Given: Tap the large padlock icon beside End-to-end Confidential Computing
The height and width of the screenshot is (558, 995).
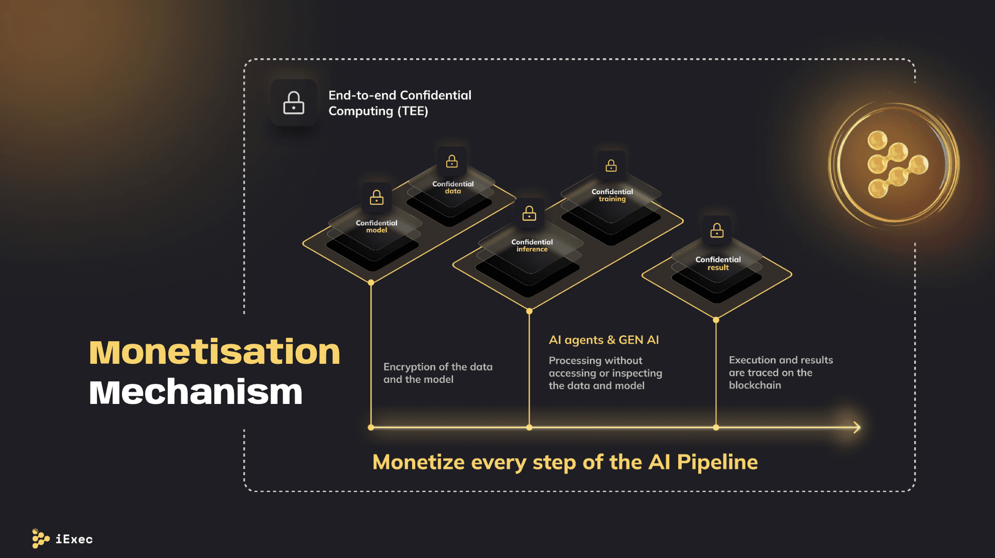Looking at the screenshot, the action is click(294, 103).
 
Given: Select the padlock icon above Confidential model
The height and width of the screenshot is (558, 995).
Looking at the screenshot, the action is click(377, 197).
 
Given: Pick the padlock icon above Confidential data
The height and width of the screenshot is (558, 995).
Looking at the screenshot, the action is click(452, 161).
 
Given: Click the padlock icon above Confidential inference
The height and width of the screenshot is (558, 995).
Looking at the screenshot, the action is click(529, 213).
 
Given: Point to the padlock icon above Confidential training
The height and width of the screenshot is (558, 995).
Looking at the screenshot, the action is click(611, 166).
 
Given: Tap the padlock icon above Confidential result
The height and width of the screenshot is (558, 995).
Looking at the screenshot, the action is click(717, 230).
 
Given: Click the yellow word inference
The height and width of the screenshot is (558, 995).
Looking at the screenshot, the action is click(532, 249).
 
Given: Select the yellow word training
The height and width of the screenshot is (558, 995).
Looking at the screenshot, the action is click(612, 199).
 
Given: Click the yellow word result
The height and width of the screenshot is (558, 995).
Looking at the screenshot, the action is click(718, 268).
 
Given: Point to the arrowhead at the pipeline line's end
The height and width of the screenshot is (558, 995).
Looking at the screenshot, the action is click(857, 428).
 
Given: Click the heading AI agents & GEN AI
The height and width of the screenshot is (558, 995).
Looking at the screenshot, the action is click(603, 340).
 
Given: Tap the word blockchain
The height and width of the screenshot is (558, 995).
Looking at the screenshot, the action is click(755, 385).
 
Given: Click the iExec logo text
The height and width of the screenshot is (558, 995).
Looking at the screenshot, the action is click(74, 539).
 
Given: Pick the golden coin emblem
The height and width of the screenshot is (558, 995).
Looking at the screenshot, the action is click(894, 164).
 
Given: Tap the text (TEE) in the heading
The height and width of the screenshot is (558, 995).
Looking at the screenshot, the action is click(413, 111).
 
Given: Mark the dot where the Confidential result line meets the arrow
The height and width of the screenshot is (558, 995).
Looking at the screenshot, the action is click(716, 428).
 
